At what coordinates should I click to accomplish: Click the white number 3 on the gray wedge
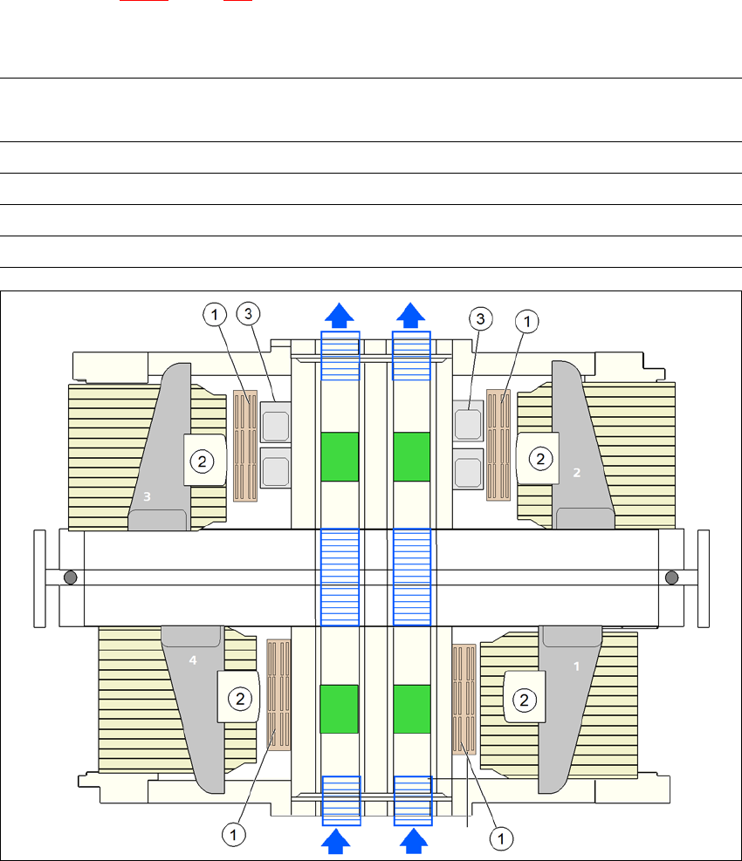(148, 496)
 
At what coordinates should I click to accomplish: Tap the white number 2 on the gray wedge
(576, 472)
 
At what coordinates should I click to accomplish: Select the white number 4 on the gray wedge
(193, 660)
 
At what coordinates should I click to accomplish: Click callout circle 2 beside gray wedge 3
(202, 460)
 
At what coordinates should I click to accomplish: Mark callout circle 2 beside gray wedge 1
(524, 698)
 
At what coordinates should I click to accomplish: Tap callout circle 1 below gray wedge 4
(232, 835)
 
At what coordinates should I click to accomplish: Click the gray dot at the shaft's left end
(69, 577)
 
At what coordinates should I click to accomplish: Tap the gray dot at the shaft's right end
(672, 577)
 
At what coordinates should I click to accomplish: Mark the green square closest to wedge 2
(411, 456)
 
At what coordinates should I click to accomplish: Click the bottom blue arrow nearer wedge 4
(340, 841)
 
